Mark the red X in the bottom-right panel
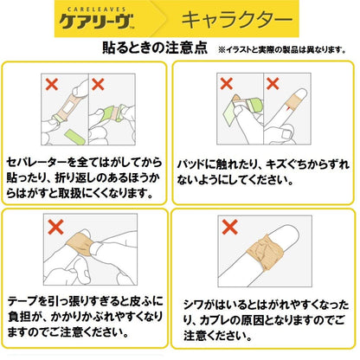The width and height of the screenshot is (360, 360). [230, 228]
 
